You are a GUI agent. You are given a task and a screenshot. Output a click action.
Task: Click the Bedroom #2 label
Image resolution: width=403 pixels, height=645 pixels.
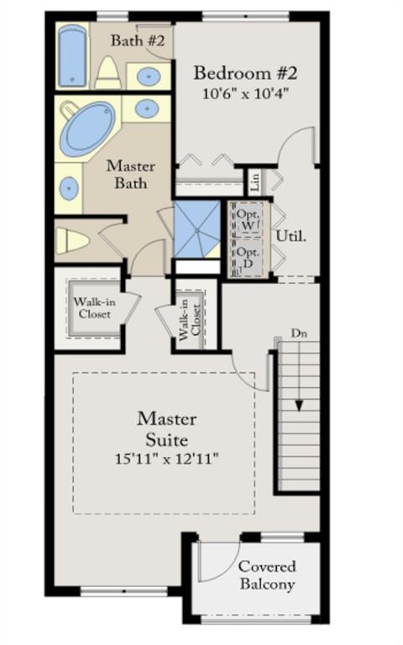point(245,73)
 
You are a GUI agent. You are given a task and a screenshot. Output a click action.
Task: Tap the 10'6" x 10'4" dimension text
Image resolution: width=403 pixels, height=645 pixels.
point(245,94)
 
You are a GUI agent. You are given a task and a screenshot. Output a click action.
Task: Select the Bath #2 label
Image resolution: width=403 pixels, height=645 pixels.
point(138,40)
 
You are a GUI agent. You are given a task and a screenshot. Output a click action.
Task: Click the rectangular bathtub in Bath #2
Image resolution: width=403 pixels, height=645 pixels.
point(73,55)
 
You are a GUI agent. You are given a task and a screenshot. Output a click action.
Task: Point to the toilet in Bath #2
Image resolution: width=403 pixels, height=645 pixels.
point(108,73)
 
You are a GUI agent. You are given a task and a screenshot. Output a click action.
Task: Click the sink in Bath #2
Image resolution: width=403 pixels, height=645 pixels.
point(148,76)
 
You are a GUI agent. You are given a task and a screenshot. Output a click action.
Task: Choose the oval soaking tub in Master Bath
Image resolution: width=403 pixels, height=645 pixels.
point(87,128)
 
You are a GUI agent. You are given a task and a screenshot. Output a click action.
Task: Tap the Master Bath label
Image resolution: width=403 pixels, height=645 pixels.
point(131,175)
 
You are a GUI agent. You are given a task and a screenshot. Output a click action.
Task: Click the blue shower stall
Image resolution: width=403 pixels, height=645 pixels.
point(197,228)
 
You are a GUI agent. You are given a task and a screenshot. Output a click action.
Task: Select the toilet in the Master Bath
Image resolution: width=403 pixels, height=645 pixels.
point(72,241)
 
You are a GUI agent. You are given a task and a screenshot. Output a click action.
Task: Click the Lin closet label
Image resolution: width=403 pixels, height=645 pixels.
point(255,181)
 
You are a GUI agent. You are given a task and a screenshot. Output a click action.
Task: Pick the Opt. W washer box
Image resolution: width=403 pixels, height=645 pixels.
point(248,220)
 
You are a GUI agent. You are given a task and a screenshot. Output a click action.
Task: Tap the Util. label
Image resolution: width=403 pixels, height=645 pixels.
point(291,236)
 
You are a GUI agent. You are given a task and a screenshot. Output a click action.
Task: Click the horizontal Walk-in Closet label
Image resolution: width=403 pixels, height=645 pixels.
point(95,307)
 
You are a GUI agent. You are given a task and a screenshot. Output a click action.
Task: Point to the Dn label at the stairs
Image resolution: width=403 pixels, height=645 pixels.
point(299,333)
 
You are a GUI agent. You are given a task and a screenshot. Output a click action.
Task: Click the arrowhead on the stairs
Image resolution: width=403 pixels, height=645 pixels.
point(299,406)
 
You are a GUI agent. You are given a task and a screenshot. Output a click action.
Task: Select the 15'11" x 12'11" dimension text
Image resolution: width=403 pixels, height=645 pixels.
point(166,459)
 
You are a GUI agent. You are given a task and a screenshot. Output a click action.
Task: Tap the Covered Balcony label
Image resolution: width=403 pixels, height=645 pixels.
point(267,575)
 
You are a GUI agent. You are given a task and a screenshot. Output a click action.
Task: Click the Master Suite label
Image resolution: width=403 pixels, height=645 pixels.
point(166,429)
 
